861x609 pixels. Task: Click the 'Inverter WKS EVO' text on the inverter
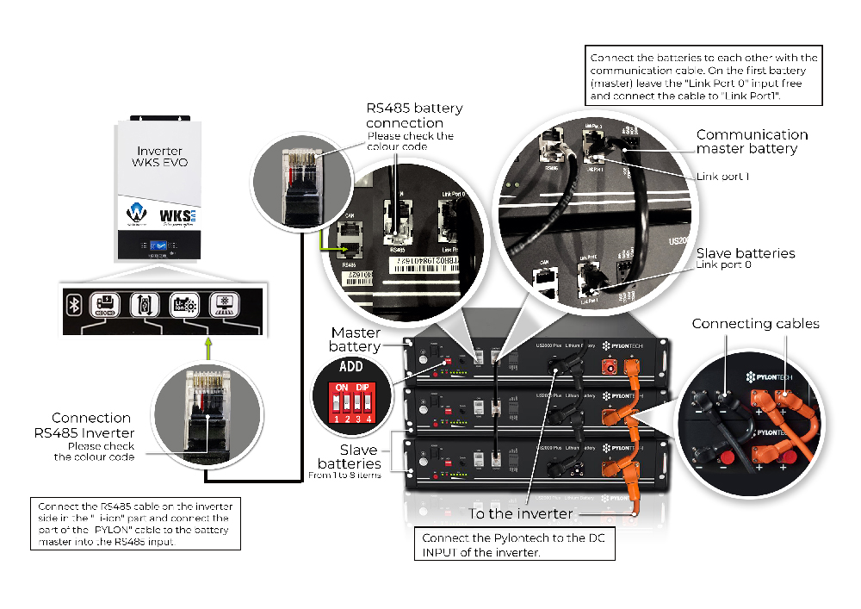[x=160, y=157]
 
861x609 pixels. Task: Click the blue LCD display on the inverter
[x=159, y=245]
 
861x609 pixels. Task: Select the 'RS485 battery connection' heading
[x=414, y=115]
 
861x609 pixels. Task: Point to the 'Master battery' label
[x=356, y=339]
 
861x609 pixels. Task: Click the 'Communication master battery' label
[x=752, y=141]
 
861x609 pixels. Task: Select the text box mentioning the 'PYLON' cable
[x=134, y=524]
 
